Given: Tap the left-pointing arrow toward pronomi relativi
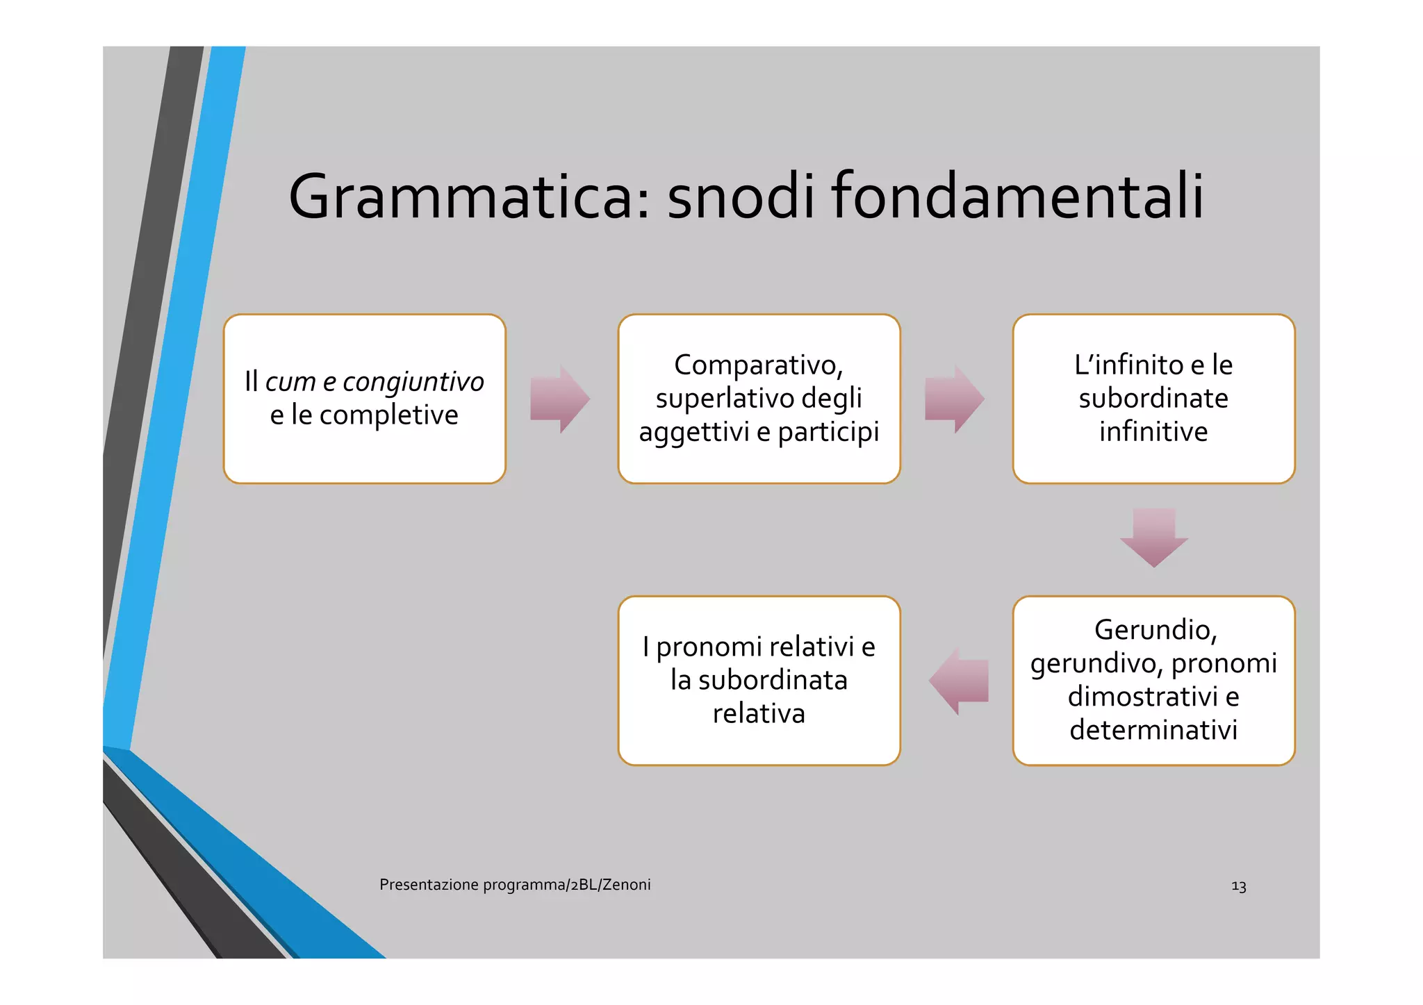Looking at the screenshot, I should (959, 681).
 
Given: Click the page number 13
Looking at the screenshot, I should (1238, 887).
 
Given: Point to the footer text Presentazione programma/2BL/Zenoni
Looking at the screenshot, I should (515, 885).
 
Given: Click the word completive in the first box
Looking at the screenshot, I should (388, 415).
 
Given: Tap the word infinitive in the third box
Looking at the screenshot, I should (1153, 432).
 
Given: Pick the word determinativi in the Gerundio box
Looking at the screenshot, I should (1153, 730).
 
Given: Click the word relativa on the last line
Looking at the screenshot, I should (759, 714).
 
